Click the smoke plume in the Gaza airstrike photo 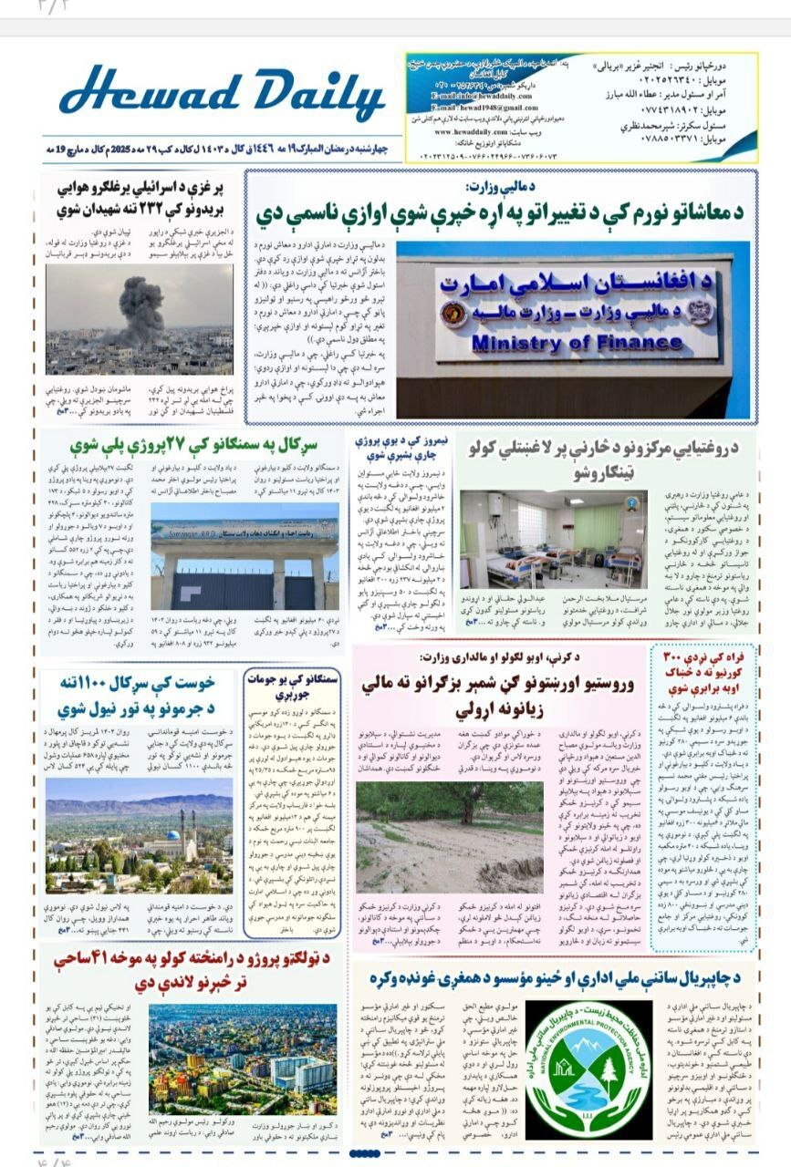(141, 302)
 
